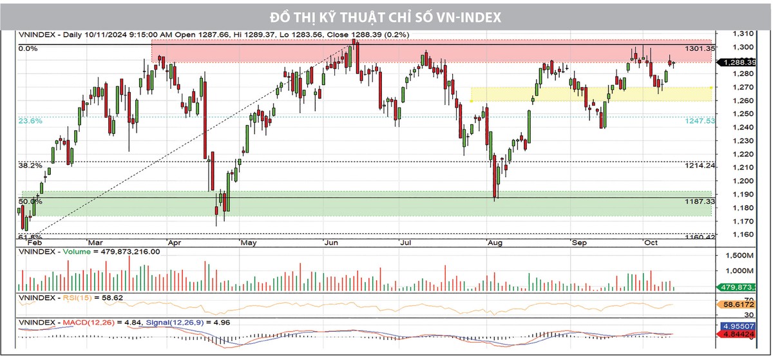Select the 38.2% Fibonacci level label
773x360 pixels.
coord(30,166)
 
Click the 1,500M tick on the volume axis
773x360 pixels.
coord(739,255)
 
